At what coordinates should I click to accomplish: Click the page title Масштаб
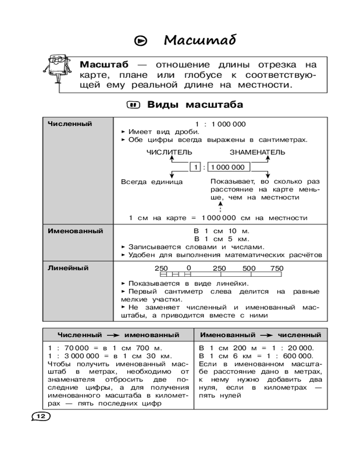pyautogui.click(x=199, y=40)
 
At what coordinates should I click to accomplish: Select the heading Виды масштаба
pyautogui.click(x=195, y=105)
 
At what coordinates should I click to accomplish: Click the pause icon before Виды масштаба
pyautogui.click(x=133, y=105)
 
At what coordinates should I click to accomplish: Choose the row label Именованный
pyautogui.click(x=75, y=231)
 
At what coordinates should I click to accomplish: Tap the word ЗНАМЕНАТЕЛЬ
pyautogui.click(x=257, y=152)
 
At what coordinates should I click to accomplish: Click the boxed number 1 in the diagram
pyautogui.click(x=196, y=167)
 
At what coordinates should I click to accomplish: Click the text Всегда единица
pyautogui.click(x=152, y=182)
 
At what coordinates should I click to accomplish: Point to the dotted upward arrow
pyautogui.click(x=220, y=208)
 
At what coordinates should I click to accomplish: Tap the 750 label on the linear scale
pyautogui.click(x=277, y=268)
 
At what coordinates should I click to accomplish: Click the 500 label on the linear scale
pyautogui.click(x=249, y=268)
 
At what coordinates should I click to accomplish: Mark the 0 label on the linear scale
pyautogui.click(x=188, y=267)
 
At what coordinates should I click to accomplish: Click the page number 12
pyautogui.click(x=40, y=416)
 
